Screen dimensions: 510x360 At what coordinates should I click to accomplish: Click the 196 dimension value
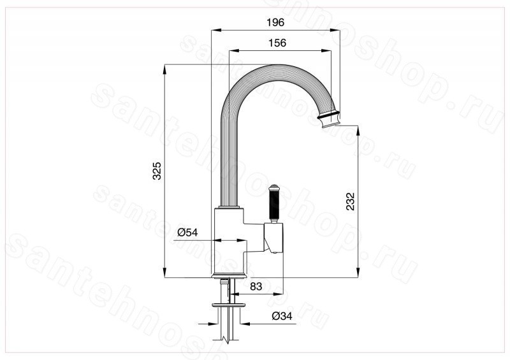coord(275,22)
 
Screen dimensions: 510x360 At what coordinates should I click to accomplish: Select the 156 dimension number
coord(277,43)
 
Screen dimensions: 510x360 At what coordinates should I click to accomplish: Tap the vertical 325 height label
coord(157,170)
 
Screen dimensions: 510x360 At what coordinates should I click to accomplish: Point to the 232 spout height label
coord(350,201)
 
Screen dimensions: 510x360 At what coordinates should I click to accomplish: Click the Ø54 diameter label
coord(187,232)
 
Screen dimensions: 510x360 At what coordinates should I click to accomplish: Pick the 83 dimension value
coord(256,286)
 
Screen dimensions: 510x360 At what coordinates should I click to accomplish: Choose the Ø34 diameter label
coord(282,316)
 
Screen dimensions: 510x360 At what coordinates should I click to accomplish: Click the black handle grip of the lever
coord(273,205)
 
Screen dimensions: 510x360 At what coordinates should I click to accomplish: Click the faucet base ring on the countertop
coord(229,276)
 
